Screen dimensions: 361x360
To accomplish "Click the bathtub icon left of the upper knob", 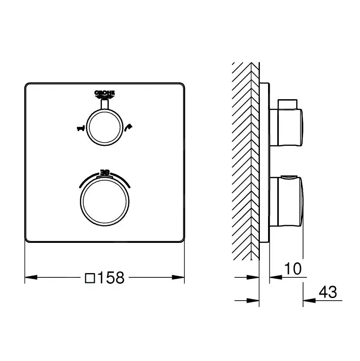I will (80, 128).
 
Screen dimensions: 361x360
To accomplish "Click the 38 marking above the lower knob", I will (105, 172).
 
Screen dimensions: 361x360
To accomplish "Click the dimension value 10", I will (293, 269).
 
